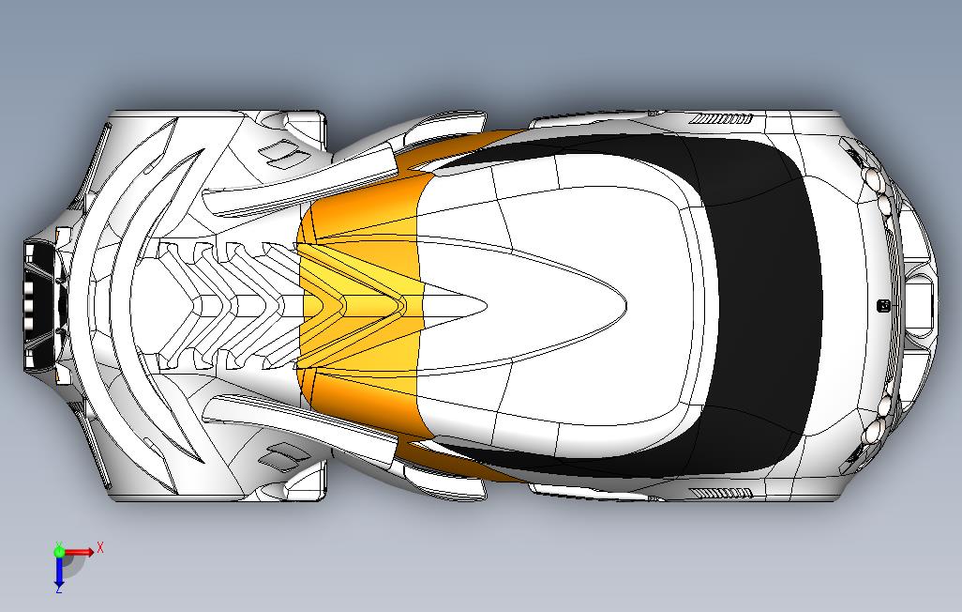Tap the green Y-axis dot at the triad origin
(59, 552)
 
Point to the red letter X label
(100, 546)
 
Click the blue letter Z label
(58, 590)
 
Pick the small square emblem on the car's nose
(881, 305)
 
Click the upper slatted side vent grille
(721, 119)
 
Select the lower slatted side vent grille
(721, 492)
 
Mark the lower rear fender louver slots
(282, 458)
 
